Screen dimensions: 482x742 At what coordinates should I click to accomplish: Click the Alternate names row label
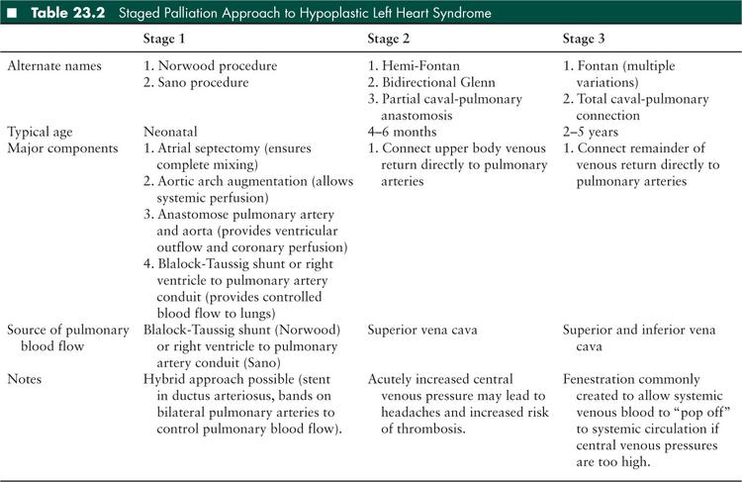tap(55, 65)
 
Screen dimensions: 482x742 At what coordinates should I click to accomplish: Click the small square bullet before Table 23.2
tap(11, 13)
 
